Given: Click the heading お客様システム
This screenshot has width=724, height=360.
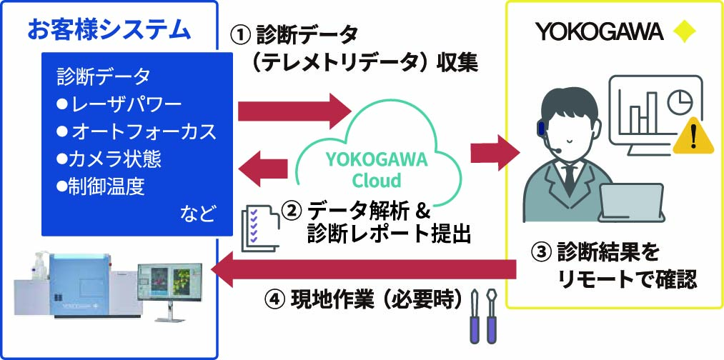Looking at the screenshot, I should coord(109,29).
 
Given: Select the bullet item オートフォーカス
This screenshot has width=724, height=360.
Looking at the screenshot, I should coord(136,132).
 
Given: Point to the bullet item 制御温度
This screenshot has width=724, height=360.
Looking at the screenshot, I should coord(101,187).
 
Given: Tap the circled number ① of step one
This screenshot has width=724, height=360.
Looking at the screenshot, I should coord(241,34).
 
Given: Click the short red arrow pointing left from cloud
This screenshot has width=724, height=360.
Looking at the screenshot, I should coord(264,170).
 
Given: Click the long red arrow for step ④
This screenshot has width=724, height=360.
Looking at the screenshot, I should coord(365,271).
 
